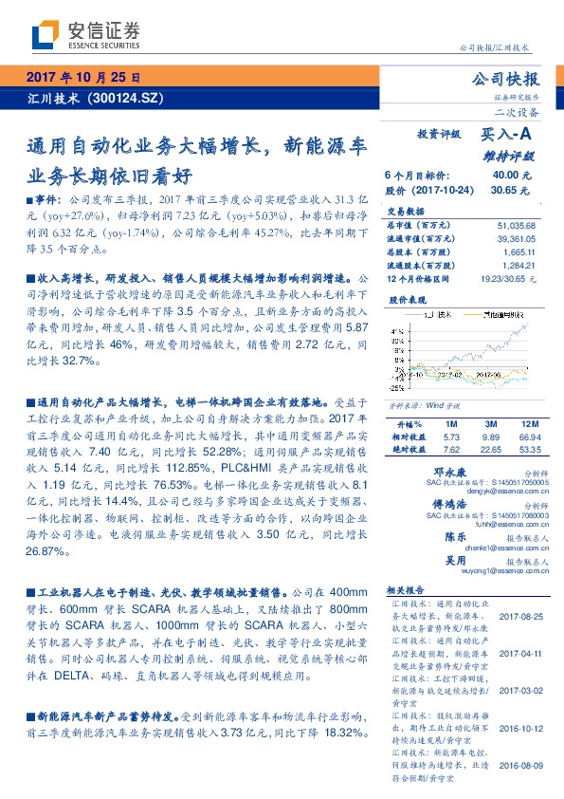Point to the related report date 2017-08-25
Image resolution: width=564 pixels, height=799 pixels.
point(520,618)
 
